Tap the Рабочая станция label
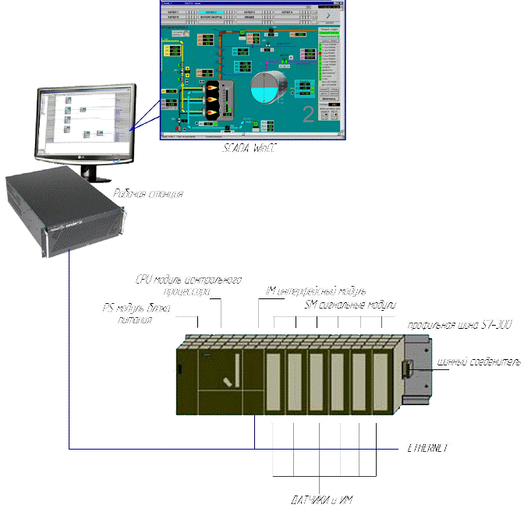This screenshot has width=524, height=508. point(147,194)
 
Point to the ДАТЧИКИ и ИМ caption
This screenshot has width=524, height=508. point(324,499)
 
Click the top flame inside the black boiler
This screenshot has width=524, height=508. point(211,89)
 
